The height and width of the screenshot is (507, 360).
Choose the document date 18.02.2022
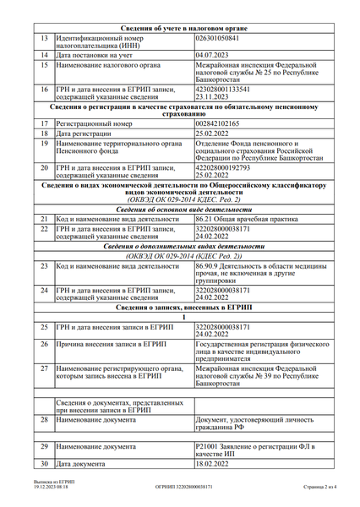point(212,463)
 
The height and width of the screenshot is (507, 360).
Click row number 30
point(43,463)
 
